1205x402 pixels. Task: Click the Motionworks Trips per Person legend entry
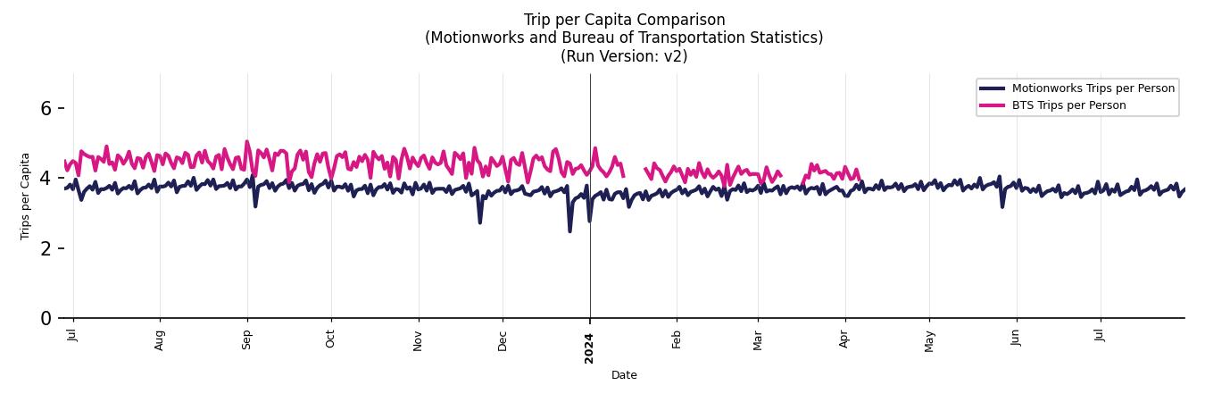coord(1093,88)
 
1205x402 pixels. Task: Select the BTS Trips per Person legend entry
coord(1068,105)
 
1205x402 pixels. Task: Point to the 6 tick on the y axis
coord(47,108)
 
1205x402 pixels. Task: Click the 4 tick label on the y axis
coord(47,178)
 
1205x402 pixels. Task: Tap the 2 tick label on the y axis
coord(47,248)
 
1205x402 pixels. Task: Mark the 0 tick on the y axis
coord(47,318)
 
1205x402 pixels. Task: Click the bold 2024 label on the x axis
coord(589,348)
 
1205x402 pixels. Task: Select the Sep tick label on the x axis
coord(247,340)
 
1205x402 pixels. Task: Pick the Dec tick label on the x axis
coord(503,340)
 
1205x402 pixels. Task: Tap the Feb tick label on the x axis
coord(677,340)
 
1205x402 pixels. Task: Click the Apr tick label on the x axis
coord(844,340)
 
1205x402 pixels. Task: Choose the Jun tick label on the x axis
coord(1016,339)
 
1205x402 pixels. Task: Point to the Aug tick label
coord(160,340)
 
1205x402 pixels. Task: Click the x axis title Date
coord(624,375)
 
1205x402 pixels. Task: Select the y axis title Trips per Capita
coord(25,196)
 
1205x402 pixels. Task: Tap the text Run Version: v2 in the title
coord(624,55)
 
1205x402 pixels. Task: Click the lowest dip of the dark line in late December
coord(570,231)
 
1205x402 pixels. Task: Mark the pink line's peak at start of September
coord(247,142)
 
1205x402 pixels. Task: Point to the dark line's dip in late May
coord(1002,206)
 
